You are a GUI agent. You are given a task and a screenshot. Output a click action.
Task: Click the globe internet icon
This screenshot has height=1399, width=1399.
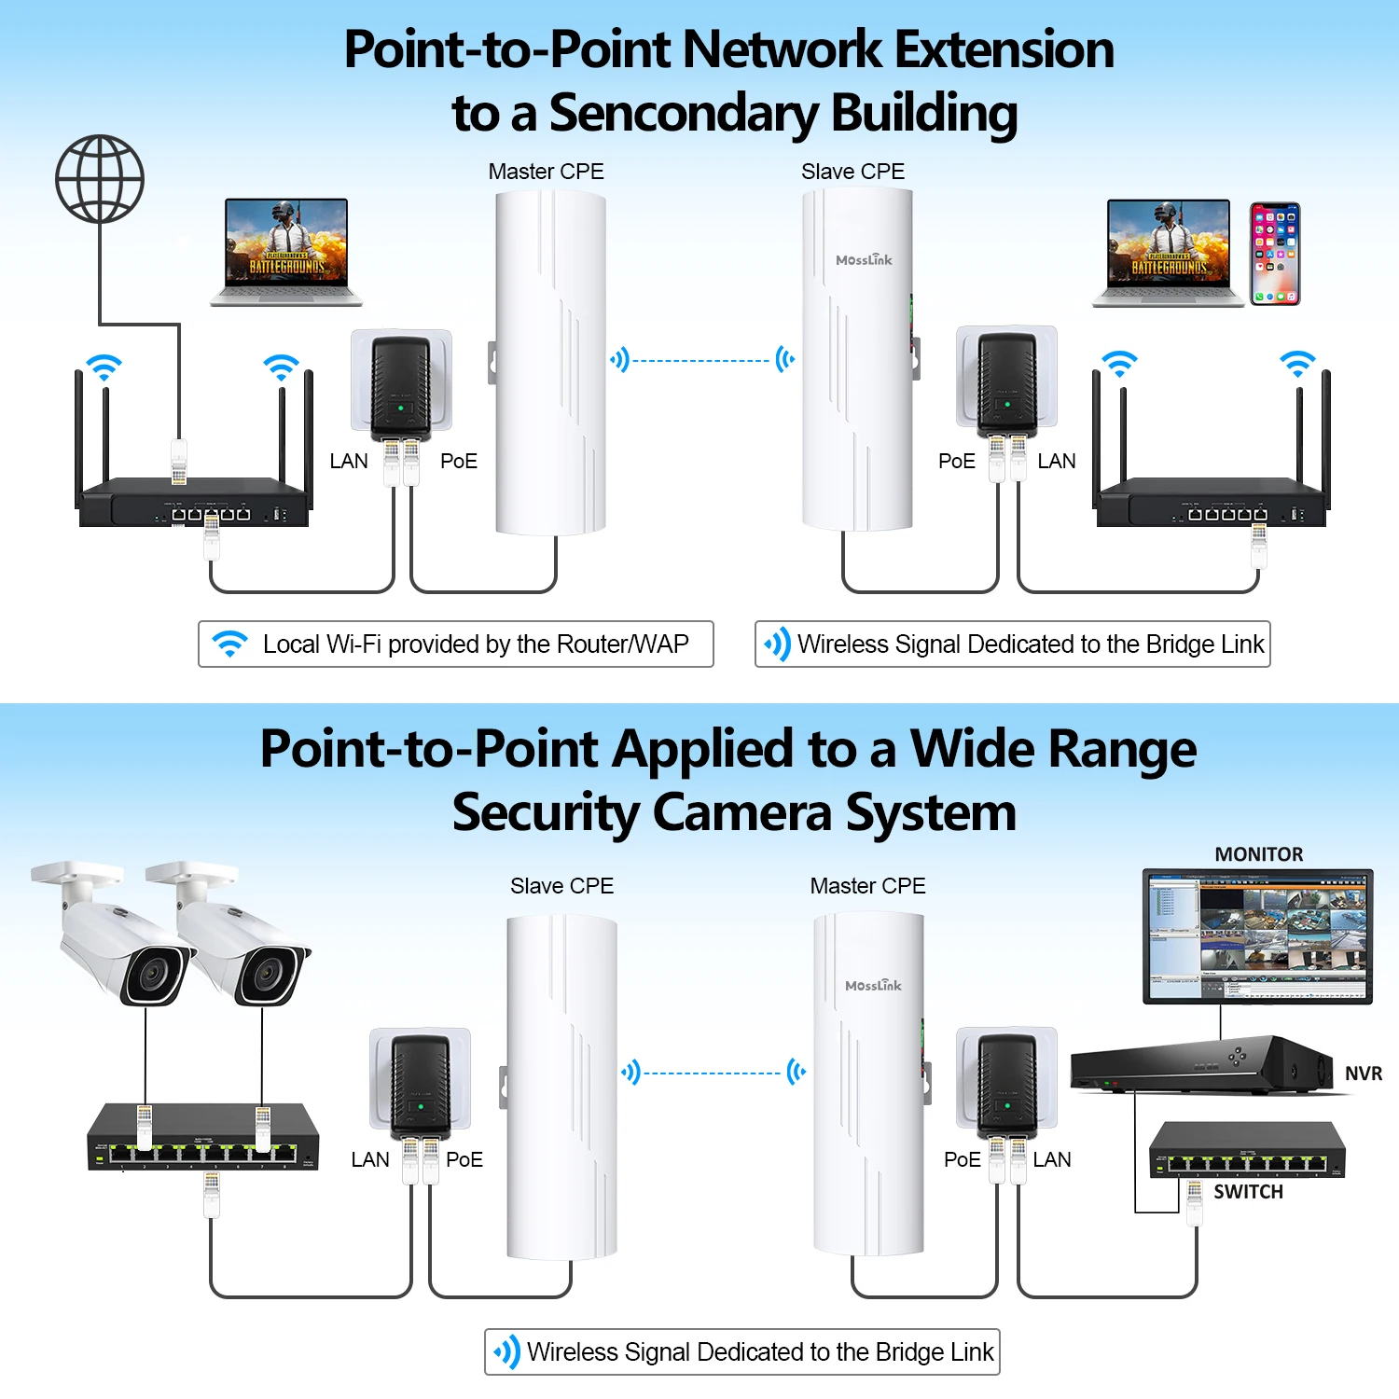[100, 178]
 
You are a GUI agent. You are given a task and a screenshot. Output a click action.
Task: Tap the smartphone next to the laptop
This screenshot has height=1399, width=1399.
[1275, 254]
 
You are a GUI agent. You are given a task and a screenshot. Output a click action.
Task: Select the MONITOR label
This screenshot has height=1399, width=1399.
[1258, 854]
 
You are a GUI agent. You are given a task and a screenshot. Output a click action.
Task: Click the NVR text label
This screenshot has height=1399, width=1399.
[1363, 1073]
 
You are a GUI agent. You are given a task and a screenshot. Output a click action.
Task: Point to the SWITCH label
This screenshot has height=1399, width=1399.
[1248, 1192]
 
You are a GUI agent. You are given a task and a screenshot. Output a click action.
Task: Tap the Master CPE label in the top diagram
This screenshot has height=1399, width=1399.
[546, 172]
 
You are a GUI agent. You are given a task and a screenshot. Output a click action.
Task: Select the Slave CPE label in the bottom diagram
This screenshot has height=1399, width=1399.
[561, 886]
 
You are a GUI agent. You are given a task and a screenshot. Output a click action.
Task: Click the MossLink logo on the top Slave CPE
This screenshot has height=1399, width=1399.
[864, 260]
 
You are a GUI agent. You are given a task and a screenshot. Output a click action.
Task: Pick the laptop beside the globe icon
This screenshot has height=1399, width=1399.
[286, 251]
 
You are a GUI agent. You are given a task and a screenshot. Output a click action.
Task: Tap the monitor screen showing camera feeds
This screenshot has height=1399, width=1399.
[1257, 935]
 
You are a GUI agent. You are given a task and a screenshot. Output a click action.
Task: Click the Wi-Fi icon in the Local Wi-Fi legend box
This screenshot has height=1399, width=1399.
[229, 644]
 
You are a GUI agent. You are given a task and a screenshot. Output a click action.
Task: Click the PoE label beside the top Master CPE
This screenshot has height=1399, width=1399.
[458, 461]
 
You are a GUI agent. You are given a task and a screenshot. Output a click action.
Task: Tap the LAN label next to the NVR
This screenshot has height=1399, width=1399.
[1052, 1159]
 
